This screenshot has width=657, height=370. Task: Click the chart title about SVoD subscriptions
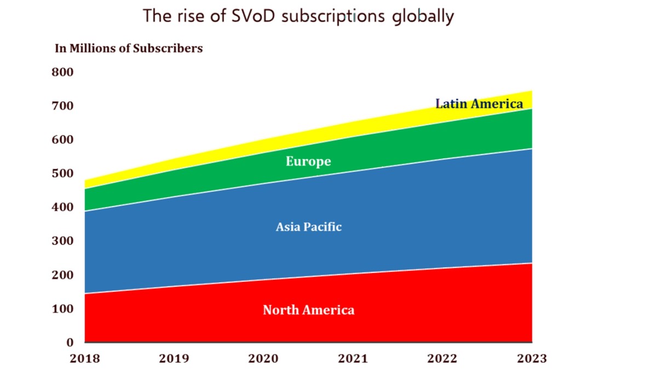coord(298,16)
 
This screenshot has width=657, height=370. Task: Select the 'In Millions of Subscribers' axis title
coord(129,48)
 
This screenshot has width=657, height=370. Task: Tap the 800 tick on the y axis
coord(62,72)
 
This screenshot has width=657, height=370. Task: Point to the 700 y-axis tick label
coord(62,106)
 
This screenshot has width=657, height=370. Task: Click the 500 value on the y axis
coord(62,173)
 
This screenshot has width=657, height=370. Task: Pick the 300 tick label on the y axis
coord(62,241)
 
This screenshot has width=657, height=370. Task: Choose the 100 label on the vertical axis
coord(62,309)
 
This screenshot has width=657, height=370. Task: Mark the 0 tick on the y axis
coord(70,343)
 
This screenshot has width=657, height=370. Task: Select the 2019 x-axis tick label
coord(174,358)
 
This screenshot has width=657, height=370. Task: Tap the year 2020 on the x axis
coord(263,358)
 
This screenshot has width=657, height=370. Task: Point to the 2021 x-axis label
coord(353,358)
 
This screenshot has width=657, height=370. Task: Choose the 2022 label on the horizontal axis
coord(442,358)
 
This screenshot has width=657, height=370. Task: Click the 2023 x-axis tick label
coord(532,358)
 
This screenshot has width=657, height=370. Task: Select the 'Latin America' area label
coord(479,103)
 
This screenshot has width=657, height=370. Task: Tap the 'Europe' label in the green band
coord(308,162)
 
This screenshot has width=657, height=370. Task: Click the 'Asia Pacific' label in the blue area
coord(309,227)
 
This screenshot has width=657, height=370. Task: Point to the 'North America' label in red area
coord(308,310)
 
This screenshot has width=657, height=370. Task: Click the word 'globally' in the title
coord(423,17)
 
